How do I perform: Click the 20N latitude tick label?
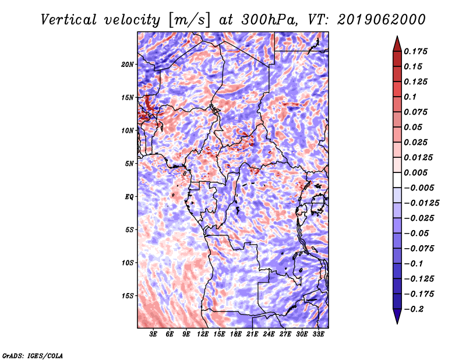point(128,65)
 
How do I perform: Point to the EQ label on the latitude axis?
point(129,197)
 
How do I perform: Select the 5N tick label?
point(129,164)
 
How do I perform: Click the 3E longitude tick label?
point(153,334)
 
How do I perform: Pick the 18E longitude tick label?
point(236,334)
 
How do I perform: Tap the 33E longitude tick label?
point(318,334)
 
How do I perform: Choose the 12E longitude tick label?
point(203,334)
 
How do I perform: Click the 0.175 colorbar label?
point(415,51)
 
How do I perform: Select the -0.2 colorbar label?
point(414,309)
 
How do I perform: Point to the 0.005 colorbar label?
point(415,172)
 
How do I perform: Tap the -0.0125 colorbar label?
point(421,203)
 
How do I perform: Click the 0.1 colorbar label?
point(410,97)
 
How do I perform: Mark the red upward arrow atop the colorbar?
point(397,44)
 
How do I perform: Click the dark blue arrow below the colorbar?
point(397,316)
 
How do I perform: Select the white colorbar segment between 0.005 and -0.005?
point(397,180)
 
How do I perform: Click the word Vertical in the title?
point(69,20)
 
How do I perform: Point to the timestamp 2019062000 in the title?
point(382,20)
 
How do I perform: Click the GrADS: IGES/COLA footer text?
point(33,355)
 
